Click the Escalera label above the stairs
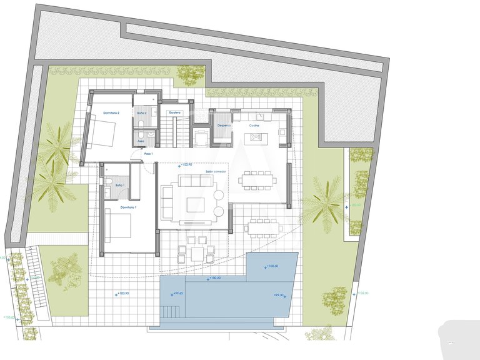tap(175, 112)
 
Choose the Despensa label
tap(224, 125)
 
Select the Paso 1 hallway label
tap(149, 153)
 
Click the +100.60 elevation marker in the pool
tap(271, 266)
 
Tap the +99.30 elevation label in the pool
tap(279, 295)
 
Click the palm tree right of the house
tap(326, 202)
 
